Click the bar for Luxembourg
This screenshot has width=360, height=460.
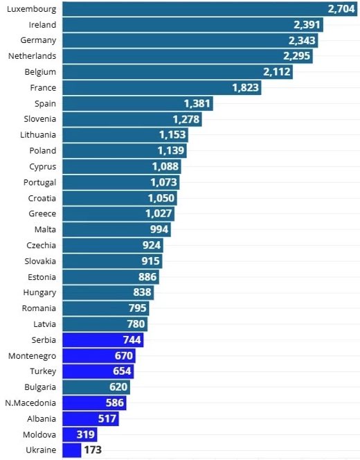pyautogui.click(x=208, y=9)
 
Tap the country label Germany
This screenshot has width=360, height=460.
pyautogui.click(x=39, y=40)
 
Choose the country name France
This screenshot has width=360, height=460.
pyautogui.click(x=43, y=88)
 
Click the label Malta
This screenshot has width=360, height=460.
pyautogui.click(x=45, y=229)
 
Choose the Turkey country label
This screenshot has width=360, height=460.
pyautogui.click(x=43, y=371)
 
